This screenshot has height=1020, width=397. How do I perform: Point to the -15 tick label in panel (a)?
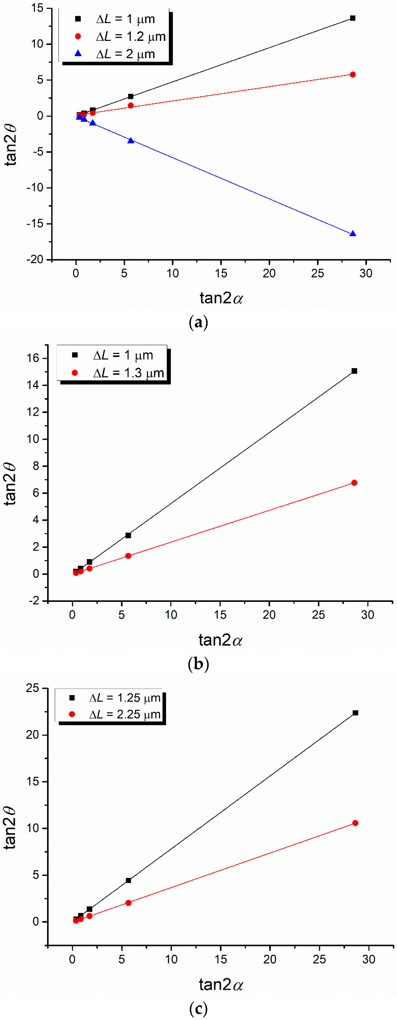coord(35,224)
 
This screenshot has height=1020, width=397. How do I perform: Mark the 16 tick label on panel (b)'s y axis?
coord(33,358)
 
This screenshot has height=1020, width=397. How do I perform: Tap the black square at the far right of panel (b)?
coord(354,371)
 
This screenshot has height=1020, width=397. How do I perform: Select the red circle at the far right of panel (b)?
coord(354,483)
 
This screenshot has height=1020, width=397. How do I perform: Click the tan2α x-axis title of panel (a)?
coord(221,298)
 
